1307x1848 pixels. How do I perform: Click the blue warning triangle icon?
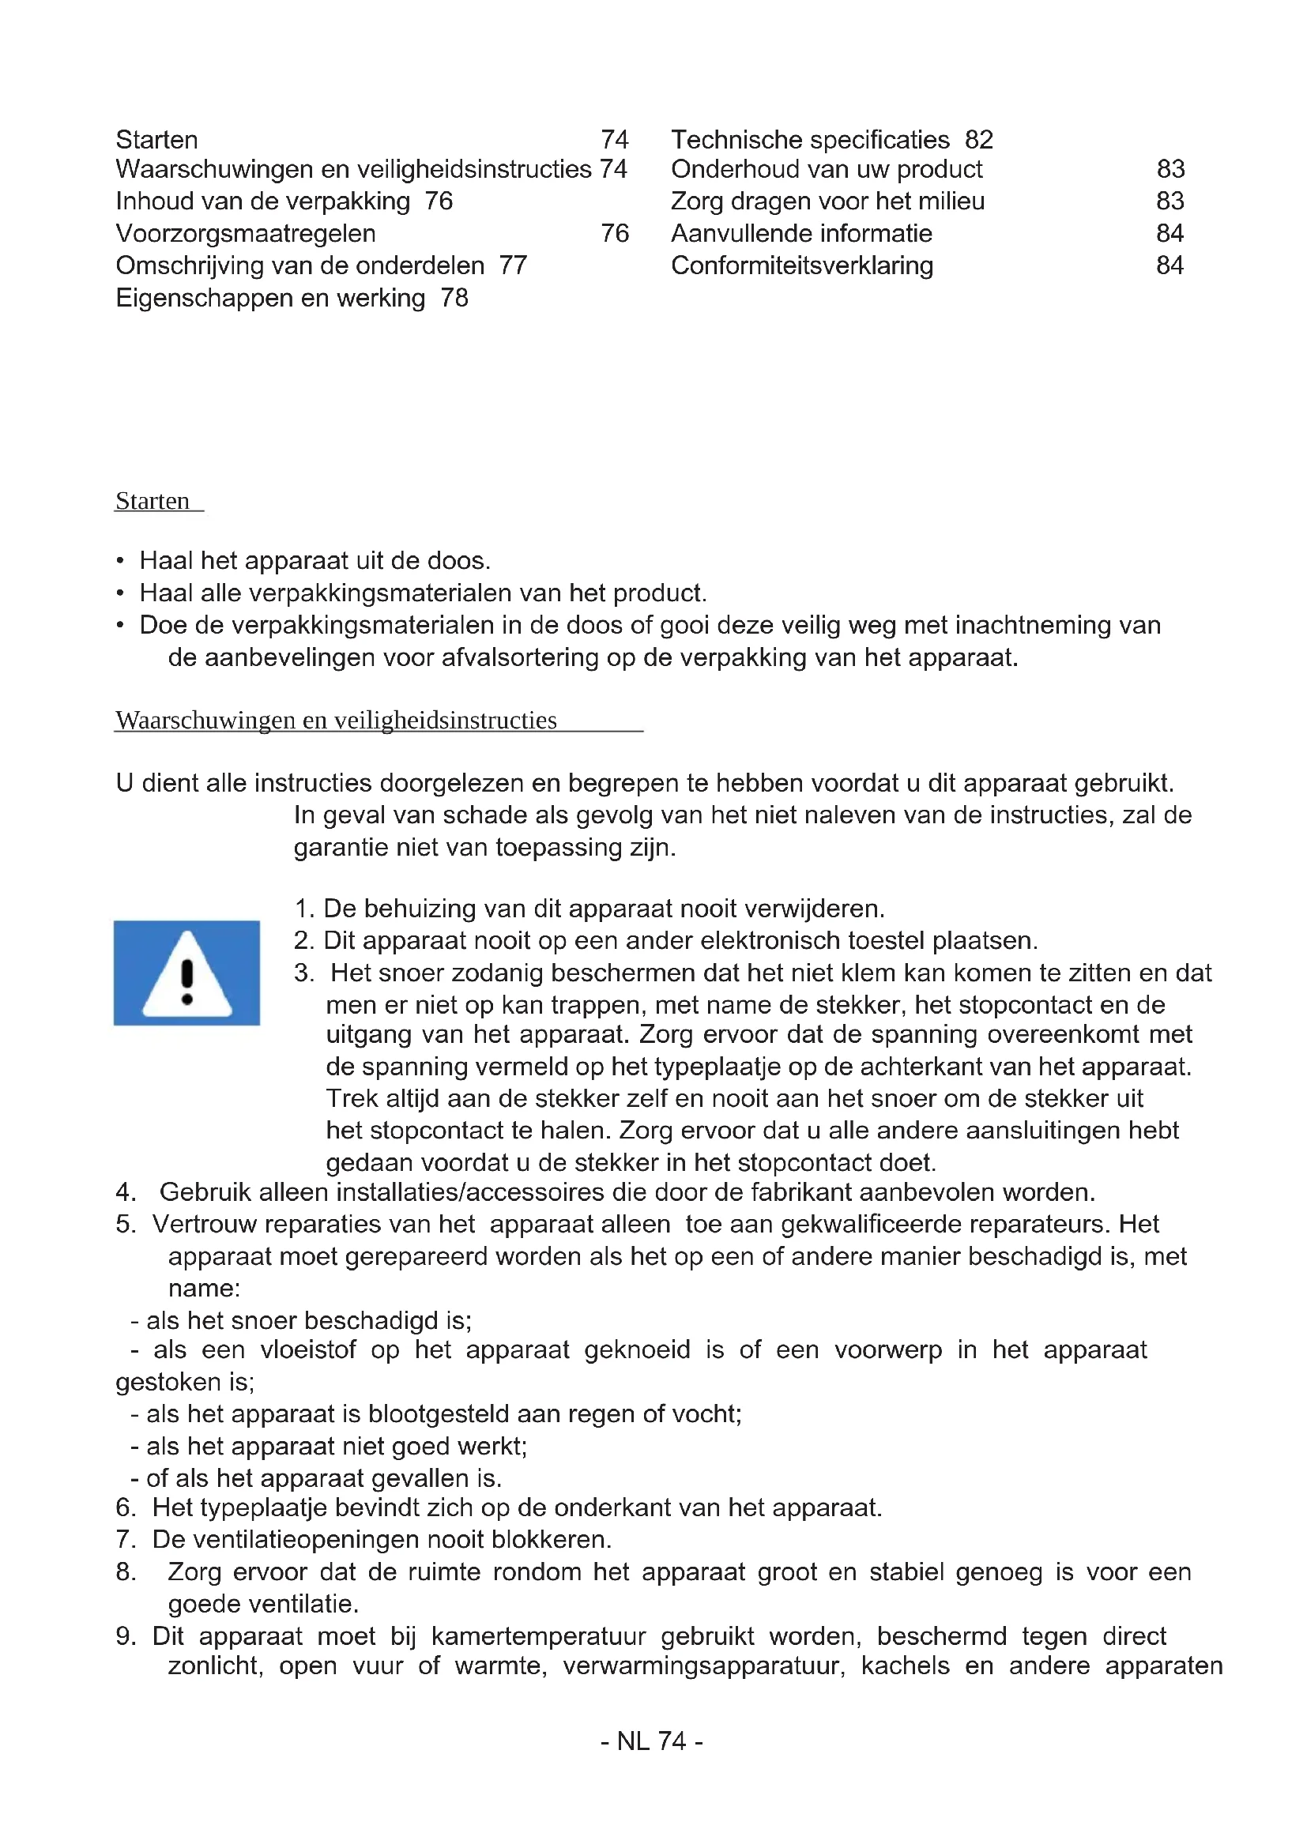tap(186, 973)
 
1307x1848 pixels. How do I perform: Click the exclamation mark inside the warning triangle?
tap(187, 982)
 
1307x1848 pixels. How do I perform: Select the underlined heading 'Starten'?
tap(153, 501)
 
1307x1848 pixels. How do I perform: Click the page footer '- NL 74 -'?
tap(652, 1741)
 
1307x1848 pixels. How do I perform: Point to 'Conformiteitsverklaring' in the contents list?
tap(801, 265)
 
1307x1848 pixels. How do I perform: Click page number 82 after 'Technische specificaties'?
tap(978, 140)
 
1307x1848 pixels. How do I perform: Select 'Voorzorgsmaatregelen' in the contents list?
tap(246, 233)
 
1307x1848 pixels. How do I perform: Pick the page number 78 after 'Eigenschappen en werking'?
tap(454, 298)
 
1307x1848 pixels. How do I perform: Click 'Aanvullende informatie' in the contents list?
tap(801, 233)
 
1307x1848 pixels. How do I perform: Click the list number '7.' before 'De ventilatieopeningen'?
tap(126, 1539)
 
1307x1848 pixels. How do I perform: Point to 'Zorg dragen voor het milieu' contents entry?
tap(827, 201)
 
